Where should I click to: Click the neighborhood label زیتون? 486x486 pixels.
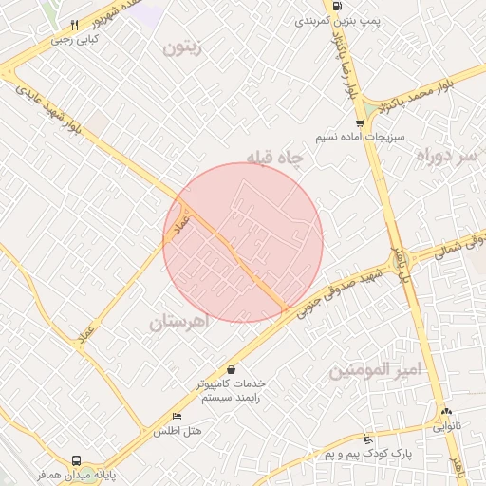point(183,48)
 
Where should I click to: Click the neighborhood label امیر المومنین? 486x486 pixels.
point(374,371)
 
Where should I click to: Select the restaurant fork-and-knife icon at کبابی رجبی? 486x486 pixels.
point(75,26)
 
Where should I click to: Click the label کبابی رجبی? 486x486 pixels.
point(76,40)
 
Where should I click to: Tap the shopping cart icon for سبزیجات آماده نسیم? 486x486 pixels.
point(359,123)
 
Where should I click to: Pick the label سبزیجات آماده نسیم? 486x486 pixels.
point(363,138)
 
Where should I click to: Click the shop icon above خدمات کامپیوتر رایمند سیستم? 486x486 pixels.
point(232,368)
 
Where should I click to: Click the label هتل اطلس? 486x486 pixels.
point(178,432)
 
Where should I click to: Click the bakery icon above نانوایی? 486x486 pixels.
point(445,412)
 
